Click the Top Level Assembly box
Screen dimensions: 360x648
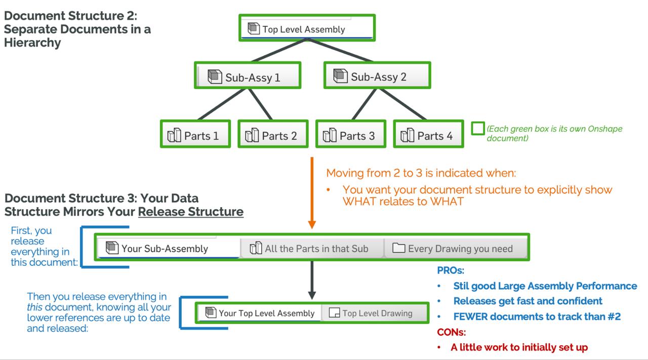pos(307,28)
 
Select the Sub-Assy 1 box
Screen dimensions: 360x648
pos(248,76)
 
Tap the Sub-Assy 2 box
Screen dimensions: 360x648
pos(377,76)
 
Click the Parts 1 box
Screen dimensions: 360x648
pos(195,135)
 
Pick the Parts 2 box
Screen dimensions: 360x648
pos(273,135)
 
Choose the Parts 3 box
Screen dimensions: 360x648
pos(351,135)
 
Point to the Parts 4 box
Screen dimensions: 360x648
pos(428,135)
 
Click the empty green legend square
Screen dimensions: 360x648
pos(477,129)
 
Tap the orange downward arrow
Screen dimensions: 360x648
pos(312,192)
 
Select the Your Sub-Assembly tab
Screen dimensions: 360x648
pos(168,248)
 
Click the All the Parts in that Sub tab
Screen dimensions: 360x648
pos(312,248)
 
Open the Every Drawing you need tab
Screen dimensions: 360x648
pos(456,248)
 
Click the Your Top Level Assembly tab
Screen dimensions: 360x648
pos(260,313)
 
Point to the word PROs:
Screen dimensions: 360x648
pos(450,270)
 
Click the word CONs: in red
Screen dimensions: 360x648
pos(451,332)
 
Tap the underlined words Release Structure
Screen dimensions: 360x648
pos(190,212)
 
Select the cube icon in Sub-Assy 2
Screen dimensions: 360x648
pos(341,76)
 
